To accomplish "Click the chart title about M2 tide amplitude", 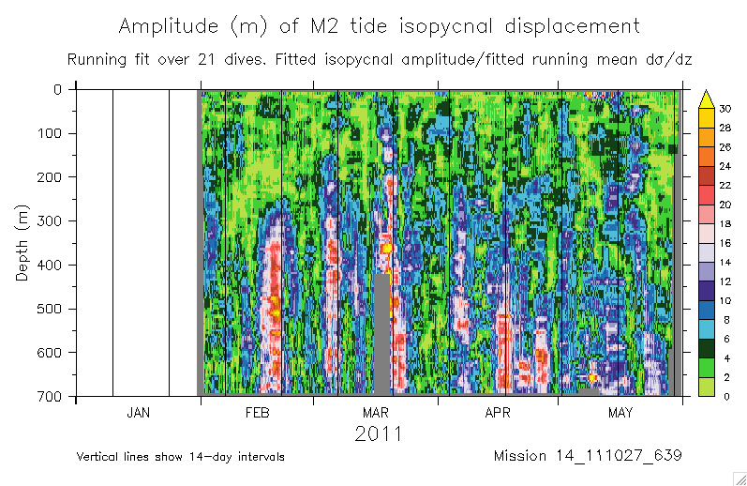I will (x=380, y=26).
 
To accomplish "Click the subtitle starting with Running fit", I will (x=379, y=60).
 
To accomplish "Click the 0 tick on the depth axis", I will (x=58, y=90).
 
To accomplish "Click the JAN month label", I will (x=138, y=413).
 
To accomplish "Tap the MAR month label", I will (x=376, y=413).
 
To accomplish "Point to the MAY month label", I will (x=620, y=413).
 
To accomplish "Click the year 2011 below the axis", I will (x=379, y=434).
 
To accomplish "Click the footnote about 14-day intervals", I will (x=181, y=457).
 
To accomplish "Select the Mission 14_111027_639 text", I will (x=587, y=456).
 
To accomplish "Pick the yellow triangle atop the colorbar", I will (x=709, y=97).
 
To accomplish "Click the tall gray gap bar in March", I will (x=381, y=333).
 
